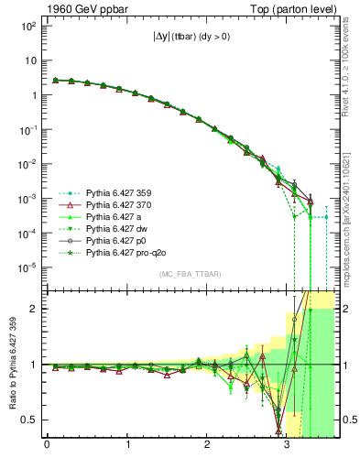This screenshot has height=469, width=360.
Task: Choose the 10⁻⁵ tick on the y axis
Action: coord(28,267)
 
